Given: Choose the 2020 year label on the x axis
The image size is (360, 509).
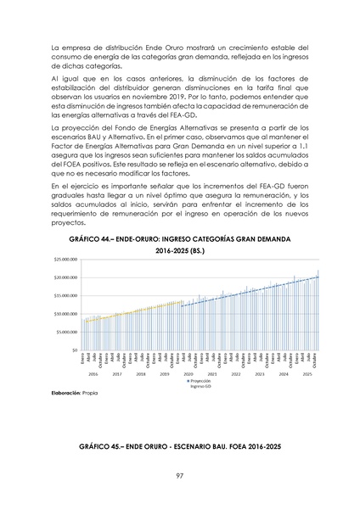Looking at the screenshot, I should tap(188, 373).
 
